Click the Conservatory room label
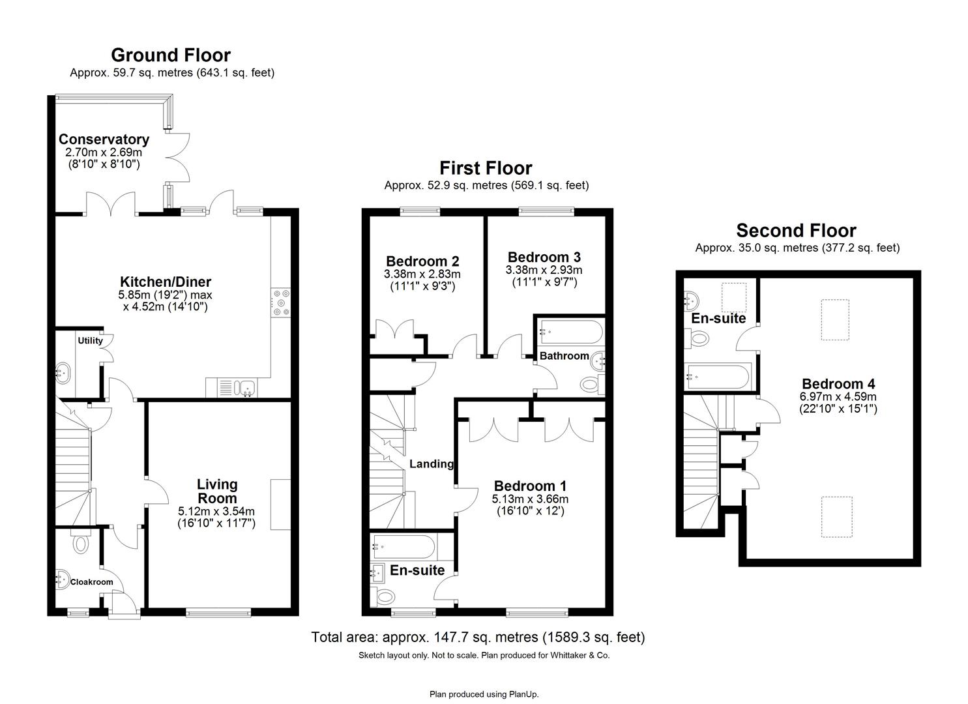click(104, 139)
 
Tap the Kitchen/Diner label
click(165, 282)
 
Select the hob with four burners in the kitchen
click(281, 302)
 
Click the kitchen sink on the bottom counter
click(246, 389)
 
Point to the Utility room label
click(90, 340)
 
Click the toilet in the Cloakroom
click(81, 542)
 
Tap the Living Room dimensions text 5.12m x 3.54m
click(216, 511)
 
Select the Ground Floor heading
click(170, 55)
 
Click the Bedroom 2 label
click(422, 261)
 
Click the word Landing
click(431, 464)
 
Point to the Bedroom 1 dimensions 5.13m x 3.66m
click(530, 499)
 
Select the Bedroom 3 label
click(544, 257)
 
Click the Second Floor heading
click(796, 231)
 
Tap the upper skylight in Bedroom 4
click(834, 319)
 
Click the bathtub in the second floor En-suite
click(718, 377)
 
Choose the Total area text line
click(478, 637)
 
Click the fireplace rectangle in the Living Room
click(280, 505)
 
